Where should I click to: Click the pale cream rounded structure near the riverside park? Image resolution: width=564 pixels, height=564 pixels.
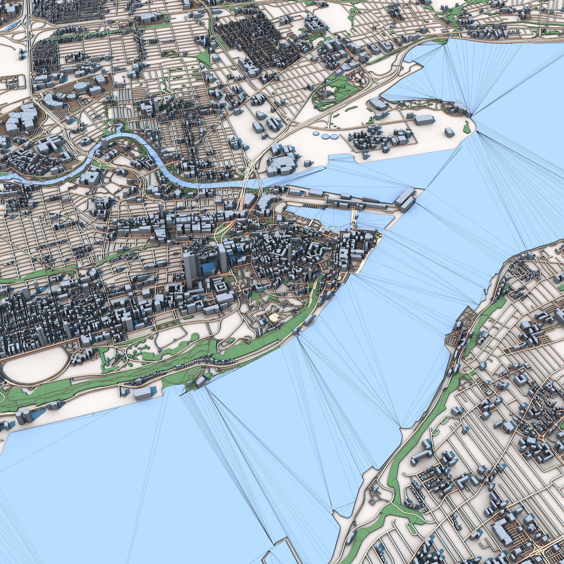(274, 316)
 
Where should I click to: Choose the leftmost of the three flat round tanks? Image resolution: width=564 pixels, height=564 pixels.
(316, 133)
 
